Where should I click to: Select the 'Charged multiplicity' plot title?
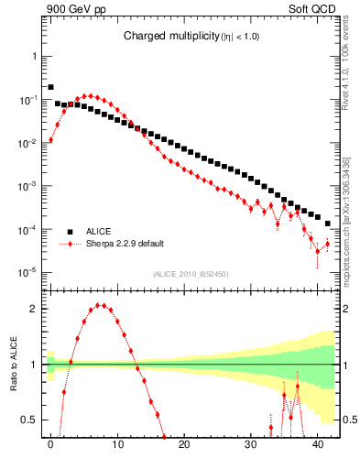(x=190, y=37)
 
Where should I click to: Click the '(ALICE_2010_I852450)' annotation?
(x=189, y=274)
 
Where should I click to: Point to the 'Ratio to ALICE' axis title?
(x=13, y=365)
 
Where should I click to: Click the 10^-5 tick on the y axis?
(x=29, y=272)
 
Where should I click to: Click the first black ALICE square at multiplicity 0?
(x=50, y=87)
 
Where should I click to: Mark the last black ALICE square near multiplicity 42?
(x=328, y=224)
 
